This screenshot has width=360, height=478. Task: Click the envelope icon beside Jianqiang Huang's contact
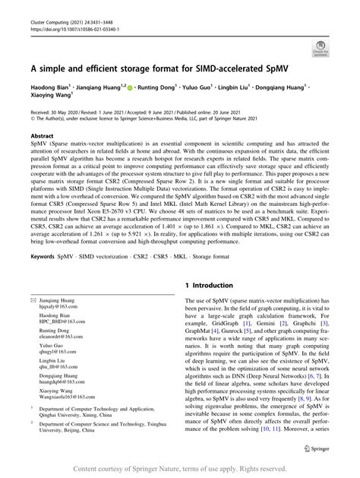pyautogui.click(x=34, y=300)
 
